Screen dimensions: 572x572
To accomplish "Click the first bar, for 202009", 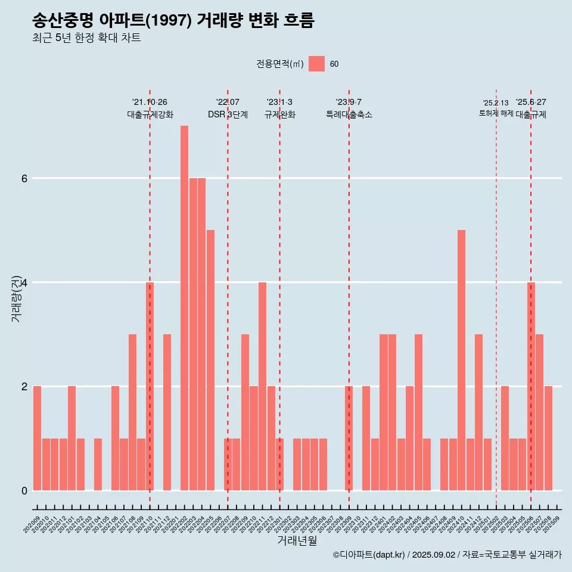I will point(37,438).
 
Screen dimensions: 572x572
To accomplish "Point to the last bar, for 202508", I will point(548,438).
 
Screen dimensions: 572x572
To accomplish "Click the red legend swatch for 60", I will point(316,64).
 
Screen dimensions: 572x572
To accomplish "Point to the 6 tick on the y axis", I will point(24,178).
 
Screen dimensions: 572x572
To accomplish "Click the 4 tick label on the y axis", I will point(24,282).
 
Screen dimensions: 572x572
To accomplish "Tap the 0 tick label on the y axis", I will point(24,490).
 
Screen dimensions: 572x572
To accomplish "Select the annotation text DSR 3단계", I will point(228,114).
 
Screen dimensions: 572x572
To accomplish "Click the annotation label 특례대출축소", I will point(349,114).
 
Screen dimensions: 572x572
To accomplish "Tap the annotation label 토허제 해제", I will point(496,113).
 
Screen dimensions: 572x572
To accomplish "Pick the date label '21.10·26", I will point(150,102).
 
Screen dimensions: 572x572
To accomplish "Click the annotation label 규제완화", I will point(279,114).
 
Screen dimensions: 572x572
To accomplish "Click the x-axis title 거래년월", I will point(297,540).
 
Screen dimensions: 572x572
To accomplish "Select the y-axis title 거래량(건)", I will point(16,298).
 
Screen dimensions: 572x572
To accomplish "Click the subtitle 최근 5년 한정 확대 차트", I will point(86,38).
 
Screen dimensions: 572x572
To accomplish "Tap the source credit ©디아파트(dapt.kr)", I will point(369,555).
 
